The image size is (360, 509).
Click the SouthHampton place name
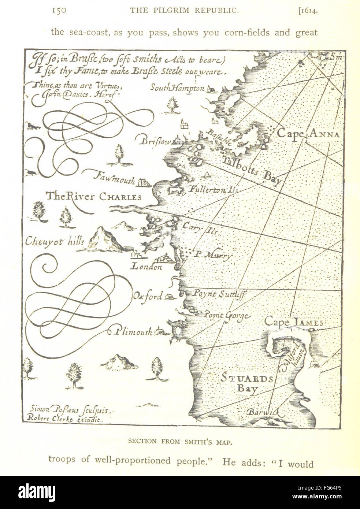[x=178, y=88]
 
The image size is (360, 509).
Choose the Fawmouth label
[x=114, y=178]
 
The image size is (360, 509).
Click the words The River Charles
[x=93, y=197]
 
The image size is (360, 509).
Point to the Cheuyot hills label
[x=55, y=241]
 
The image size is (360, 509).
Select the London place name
[x=146, y=267]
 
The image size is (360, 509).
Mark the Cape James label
[x=293, y=322]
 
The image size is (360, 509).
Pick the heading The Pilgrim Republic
[x=185, y=11]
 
